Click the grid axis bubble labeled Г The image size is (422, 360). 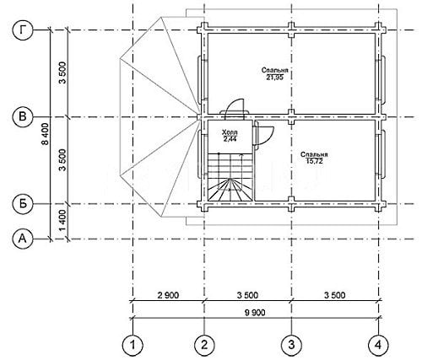click(23, 30)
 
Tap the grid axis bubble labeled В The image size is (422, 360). click(23, 116)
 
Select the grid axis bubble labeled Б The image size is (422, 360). click(23, 203)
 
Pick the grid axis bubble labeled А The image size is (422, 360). click(23, 239)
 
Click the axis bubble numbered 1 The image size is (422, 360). click(133, 345)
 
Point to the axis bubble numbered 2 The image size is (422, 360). click(204, 345)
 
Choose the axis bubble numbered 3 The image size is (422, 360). click(291, 345)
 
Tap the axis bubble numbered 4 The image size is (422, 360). click(378, 345)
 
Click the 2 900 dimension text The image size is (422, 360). click(168, 295)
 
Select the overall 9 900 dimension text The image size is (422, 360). click(255, 313)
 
